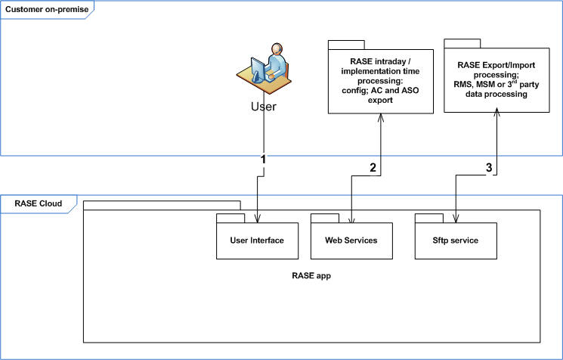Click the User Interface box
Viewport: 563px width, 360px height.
click(x=256, y=241)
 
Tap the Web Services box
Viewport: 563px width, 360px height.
click(x=351, y=241)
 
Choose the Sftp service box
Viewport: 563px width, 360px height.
click(x=456, y=241)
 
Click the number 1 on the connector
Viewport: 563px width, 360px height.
click(x=263, y=160)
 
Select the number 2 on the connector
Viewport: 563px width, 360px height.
click(x=372, y=168)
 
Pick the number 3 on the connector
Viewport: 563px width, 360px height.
click(x=489, y=168)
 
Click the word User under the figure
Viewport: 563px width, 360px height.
click(x=263, y=106)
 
